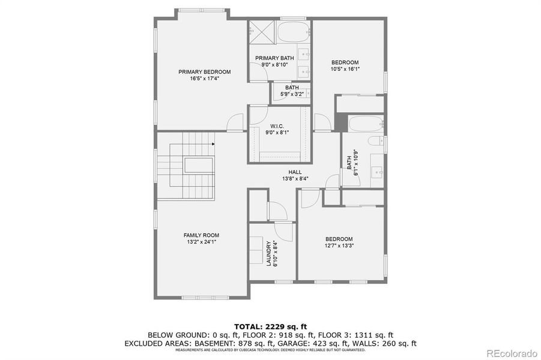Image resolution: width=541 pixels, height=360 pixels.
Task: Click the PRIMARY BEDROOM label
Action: pyautogui.click(x=204, y=72)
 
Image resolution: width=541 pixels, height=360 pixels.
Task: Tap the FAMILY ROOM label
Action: pyautogui.click(x=201, y=235)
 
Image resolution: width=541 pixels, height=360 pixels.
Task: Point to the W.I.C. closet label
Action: pyautogui.click(x=277, y=126)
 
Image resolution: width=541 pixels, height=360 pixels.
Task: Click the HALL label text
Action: pyautogui.click(x=295, y=172)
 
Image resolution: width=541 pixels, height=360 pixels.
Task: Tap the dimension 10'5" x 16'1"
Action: pyautogui.click(x=345, y=69)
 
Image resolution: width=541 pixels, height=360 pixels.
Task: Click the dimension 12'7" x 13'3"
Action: pyautogui.click(x=339, y=245)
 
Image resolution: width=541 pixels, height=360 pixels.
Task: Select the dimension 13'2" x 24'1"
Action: pyautogui.click(x=201, y=242)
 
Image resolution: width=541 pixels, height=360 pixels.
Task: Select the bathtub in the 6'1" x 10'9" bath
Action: pyautogui.click(x=366, y=124)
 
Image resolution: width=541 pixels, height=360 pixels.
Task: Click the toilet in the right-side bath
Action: pyautogui.click(x=376, y=142)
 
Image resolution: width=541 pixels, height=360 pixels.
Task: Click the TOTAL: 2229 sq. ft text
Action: pyautogui.click(x=270, y=326)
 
